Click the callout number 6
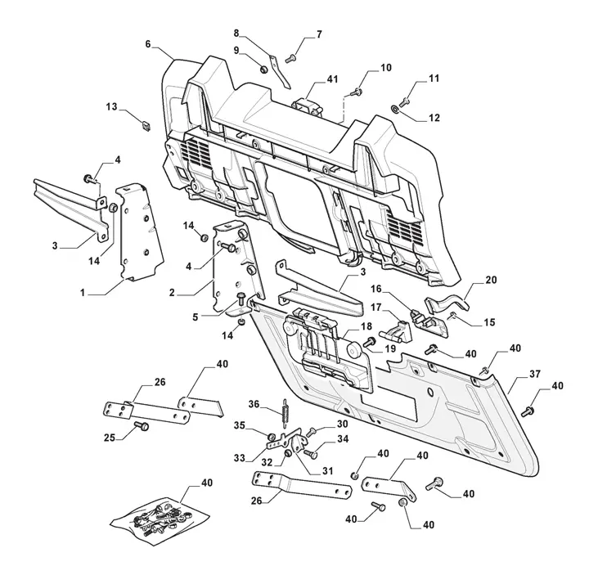(x=148, y=44)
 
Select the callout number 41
(x=332, y=79)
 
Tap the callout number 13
(x=111, y=106)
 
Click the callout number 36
(x=254, y=402)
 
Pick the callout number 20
(x=491, y=279)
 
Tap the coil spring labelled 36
(x=284, y=413)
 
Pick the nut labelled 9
(x=263, y=70)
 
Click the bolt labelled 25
(x=140, y=426)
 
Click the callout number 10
(x=384, y=68)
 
